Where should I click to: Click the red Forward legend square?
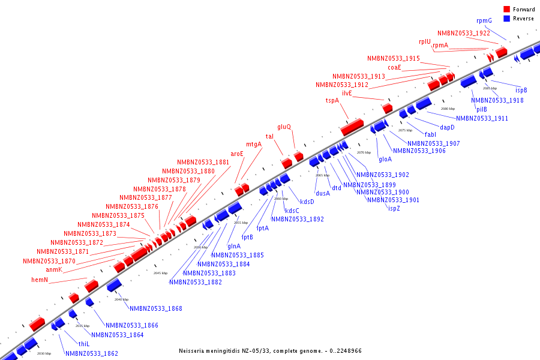507,10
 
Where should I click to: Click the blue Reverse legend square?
507,19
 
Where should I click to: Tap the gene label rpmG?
484,20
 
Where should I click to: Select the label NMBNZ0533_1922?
463,34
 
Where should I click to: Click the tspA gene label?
332,100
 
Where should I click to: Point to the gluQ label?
284,127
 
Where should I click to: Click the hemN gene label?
40,280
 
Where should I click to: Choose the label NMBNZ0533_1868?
156,309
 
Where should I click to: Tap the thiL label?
84,344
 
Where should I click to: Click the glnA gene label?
234,246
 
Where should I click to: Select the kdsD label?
307,202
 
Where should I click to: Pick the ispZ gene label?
394,208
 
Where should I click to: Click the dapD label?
447,127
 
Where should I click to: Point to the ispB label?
521,90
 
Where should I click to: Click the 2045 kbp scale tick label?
160,273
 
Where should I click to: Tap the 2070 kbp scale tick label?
364,153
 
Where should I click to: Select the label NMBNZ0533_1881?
203,163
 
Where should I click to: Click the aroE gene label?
237,154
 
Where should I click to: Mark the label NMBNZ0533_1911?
482,119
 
